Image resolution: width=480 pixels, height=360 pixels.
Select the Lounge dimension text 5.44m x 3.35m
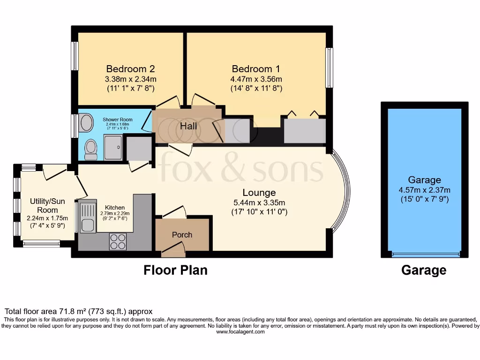(x=259, y=202)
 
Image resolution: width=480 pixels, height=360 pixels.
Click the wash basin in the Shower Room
(x=87, y=123)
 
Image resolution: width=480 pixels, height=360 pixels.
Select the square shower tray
(x=112, y=148)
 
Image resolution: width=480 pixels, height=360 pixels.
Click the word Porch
(x=182, y=234)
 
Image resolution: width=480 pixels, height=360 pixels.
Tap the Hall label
(x=188, y=126)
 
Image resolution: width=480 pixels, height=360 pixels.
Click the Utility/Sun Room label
(x=48, y=205)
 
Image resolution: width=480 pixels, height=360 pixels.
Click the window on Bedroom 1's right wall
(x=330, y=67)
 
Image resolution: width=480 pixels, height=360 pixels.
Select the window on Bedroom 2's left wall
(x=74, y=56)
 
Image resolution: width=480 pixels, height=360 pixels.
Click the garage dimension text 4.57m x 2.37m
(x=424, y=190)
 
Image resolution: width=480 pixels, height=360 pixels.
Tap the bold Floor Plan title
(x=175, y=270)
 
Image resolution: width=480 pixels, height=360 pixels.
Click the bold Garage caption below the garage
(x=424, y=270)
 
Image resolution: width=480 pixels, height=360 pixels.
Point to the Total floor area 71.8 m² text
(x=79, y=311)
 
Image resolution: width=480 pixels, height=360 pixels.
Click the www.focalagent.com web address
(x=240, y=331)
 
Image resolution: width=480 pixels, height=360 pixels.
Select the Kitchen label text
(x=115, y=207)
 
